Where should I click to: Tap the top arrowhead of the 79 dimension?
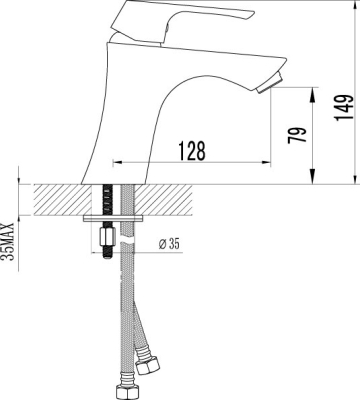click(315, 92)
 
